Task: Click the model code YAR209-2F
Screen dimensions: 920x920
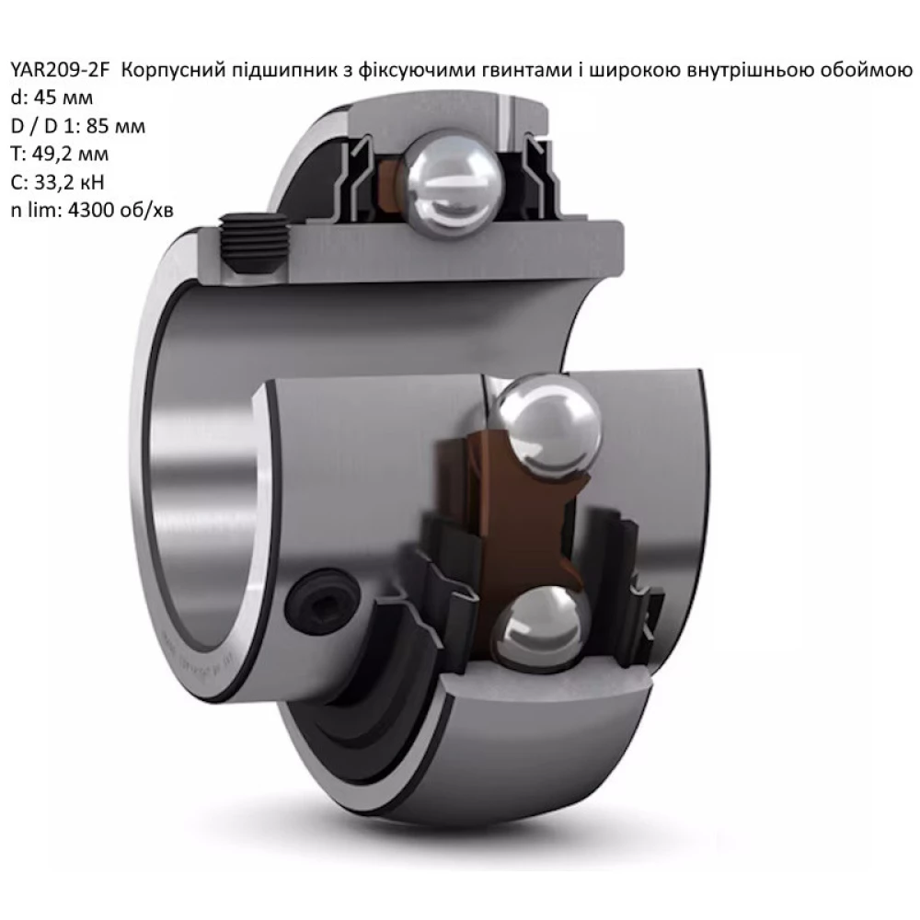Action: pyautogui.click(x=61, y=71)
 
